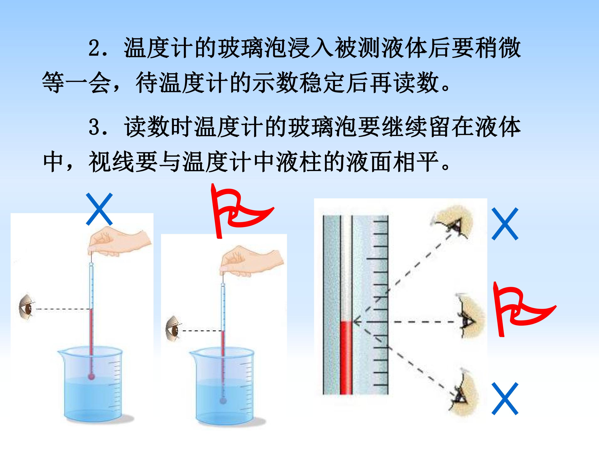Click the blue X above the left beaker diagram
point(99,209)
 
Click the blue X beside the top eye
point(505,224)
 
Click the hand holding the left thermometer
point(120,241)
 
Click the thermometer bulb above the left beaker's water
point(91,376)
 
